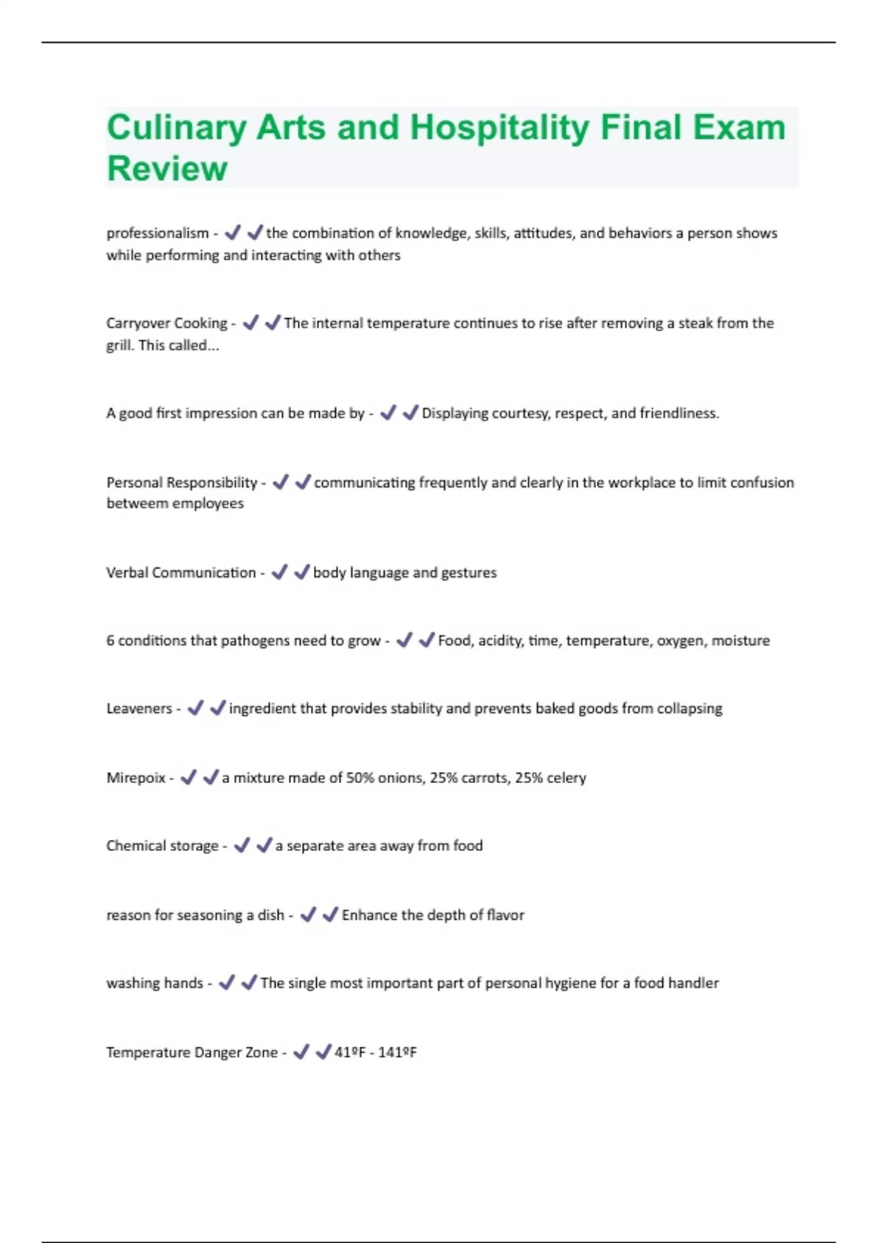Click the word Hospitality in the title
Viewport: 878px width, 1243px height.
tap(499, 128)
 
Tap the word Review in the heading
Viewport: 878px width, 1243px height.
tap(167, 169)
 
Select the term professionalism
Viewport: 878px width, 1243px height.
tap(157, 233)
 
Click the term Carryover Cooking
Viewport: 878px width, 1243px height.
tap(166, 323)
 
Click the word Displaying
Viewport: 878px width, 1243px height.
tap(454, 413)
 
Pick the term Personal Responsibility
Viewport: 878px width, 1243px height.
tap(181, 483)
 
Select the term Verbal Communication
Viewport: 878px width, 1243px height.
tap(181, 573)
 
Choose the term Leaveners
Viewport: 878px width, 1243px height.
tap(139, 709)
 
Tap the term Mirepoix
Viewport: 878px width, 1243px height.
tap(136, 778)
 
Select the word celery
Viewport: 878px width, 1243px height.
tap(566, 778)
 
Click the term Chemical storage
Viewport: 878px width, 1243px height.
tap(162, 846)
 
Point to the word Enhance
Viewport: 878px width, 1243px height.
tap(369, 915)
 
